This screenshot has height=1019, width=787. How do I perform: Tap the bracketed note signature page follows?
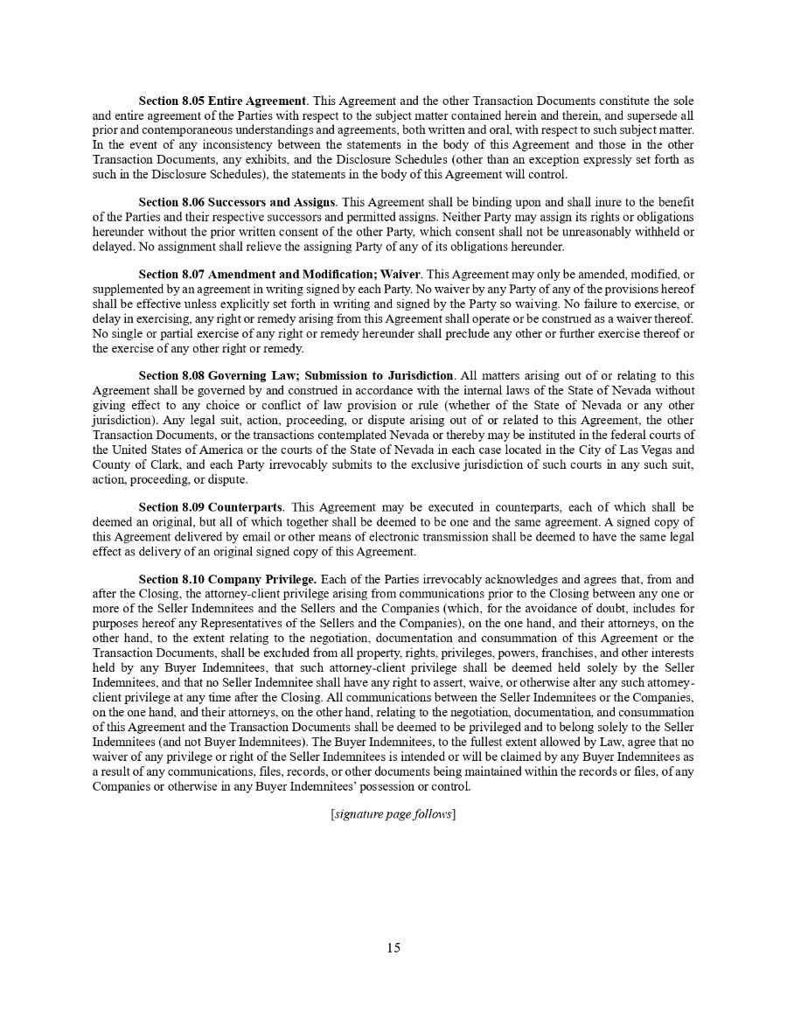pos(393,814)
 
